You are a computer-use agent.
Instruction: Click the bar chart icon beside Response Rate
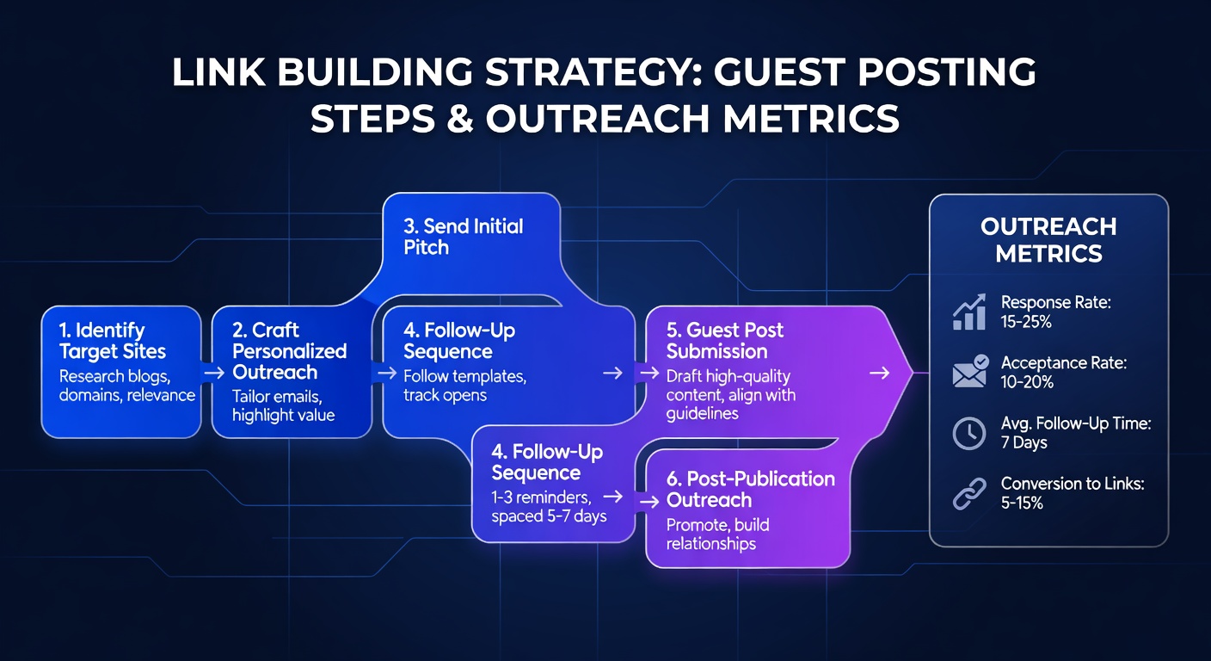(x=969, y=313)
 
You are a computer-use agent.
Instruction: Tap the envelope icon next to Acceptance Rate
(x=969, y=373)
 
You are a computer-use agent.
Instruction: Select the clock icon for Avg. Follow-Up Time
(x=969, y=433)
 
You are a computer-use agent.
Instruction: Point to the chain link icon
(x=969, y=493)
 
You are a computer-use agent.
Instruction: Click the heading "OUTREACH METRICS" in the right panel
(x=1048, y=240)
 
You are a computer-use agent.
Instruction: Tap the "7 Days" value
(x=1024, y=442)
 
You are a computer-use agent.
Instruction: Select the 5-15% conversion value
(x=1022, y=503)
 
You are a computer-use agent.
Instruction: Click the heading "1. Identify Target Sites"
(x=113, y=341)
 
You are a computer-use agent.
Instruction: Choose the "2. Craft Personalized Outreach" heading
(x=289, y=351)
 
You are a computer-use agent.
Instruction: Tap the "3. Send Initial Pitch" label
(x=463, y=237)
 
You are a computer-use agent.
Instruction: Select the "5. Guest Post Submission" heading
(x=724, y=341)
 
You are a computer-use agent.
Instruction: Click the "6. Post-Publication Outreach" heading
(x=750, y=490)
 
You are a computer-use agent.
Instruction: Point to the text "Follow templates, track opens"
(x=464, y=386)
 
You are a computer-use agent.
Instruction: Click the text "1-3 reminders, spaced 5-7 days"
(x=549, y=507)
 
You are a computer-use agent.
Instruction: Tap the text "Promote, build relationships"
(x=717, y=534)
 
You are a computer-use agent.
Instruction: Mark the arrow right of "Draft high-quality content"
(x=879, y=373)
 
